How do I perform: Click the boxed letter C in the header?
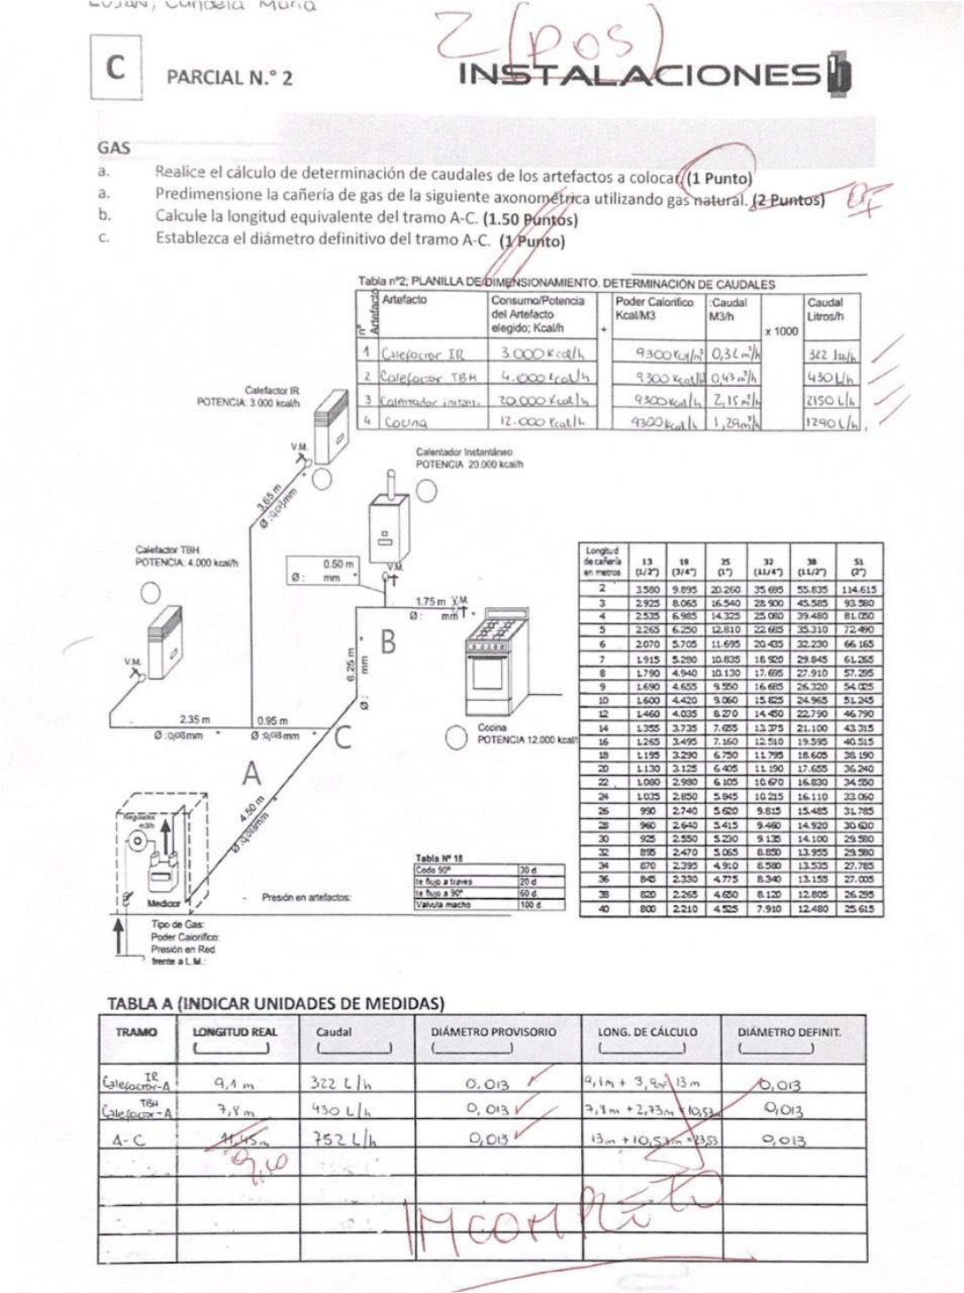(115, 67)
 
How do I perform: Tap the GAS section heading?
(114, 148)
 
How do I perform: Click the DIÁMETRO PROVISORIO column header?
(493, 1032)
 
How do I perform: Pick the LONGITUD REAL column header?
(234, 1032)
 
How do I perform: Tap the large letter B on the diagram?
(388, 641)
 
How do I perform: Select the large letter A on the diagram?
(252, 775)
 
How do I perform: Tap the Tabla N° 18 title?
(439, 858)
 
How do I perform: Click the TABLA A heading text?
(275, 1004)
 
